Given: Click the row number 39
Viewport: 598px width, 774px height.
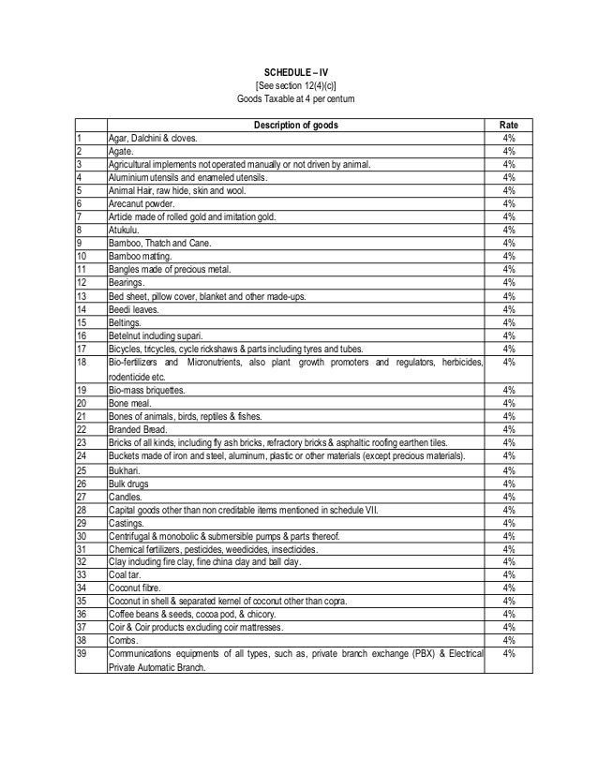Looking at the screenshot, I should (82, 653).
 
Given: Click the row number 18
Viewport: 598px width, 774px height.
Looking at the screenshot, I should (82, 362).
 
